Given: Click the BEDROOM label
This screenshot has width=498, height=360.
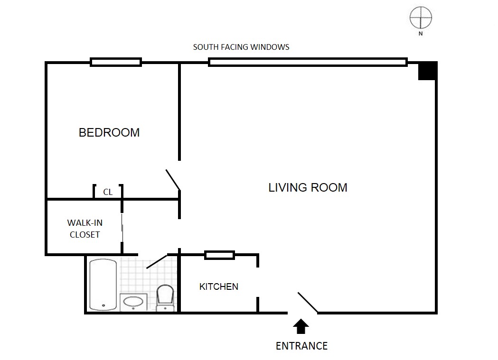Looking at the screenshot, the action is (x=109, y=132).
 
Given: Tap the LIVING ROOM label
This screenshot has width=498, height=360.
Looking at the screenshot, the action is (x=308, y=187).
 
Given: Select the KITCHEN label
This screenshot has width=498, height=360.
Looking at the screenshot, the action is (x=219, y=286).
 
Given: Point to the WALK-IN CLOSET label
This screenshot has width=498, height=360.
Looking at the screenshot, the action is (x=85, y=229).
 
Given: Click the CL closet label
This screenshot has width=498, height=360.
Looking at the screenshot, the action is (x=108, y=192).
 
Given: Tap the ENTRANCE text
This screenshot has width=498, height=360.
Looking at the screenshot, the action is (x=302, y=346).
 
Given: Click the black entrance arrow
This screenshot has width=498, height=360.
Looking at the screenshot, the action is (x=301, y=326).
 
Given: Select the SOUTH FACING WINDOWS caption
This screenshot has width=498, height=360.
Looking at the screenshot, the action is (x=241, y=47).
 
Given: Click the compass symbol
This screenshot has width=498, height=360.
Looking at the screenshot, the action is (x=421, y=18).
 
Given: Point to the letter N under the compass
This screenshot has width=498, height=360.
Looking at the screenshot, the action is (x=421, y=33).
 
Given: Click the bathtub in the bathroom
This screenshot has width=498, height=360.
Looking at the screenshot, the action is (x=103, y=284).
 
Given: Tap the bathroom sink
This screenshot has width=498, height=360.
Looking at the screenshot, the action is (x=133, y=302).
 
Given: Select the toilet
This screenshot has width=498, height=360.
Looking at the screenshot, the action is (x=165, y=298).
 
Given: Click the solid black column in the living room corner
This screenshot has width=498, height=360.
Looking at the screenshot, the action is (x=427, y=71).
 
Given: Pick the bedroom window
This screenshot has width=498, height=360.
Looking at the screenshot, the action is (x=116, y=62).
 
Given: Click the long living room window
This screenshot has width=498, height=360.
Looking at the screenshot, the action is (x=308, y=62).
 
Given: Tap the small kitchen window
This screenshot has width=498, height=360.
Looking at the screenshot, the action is (x=219, y=255).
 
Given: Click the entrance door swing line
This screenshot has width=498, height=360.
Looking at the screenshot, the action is (x=308, y=303).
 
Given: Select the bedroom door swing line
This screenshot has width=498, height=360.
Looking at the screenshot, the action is (x=173, y=180).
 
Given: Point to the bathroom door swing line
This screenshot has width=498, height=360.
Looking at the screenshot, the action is (x=157, y=261).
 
